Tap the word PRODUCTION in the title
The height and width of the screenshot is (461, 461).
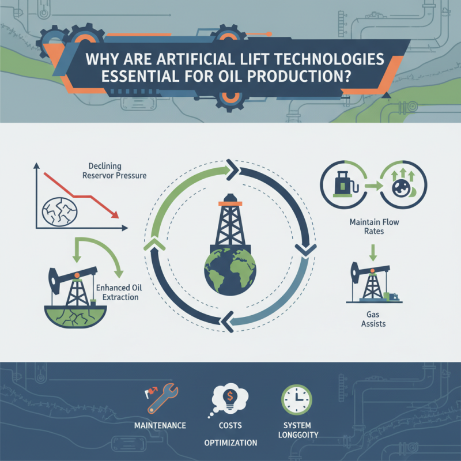[x=301, y=77]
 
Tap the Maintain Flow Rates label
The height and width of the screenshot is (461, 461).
[x=374, y=225]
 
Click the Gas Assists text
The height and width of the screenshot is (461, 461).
[x=374, y=319]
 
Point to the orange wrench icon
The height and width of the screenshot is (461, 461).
[x=157, y=400]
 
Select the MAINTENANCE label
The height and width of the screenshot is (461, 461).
[x=160, y=425]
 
